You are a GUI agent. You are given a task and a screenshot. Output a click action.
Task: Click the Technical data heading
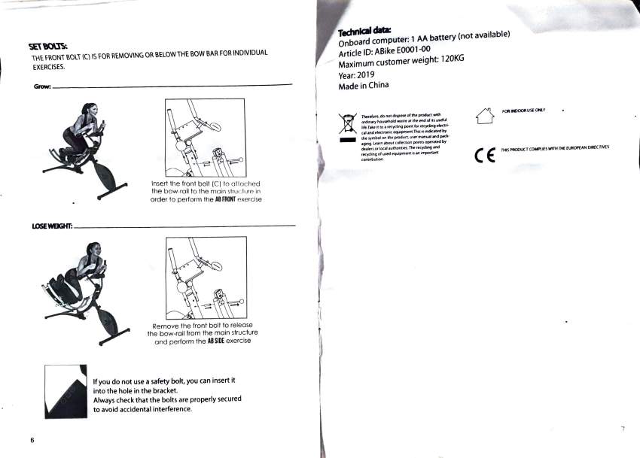coord(360,32)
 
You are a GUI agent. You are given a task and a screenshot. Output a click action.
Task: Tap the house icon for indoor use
coord(484,117)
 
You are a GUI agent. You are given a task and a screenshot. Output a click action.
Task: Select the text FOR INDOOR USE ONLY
coord(523,111)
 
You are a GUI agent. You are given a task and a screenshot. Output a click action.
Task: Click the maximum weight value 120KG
coord(451,59)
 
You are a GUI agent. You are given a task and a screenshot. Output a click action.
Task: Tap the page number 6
coord(32,439)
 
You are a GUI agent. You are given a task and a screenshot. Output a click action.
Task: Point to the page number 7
coord(623,429)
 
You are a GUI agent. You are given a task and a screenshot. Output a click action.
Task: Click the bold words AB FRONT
coord(227,200)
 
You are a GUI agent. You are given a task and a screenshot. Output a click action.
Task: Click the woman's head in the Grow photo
coord(90,111)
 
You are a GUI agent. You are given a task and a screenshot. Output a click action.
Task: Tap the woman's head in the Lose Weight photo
coord(93,250)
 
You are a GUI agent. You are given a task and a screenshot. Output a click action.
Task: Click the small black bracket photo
coord(66,391)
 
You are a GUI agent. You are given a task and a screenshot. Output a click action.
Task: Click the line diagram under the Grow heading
coord(205,139)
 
